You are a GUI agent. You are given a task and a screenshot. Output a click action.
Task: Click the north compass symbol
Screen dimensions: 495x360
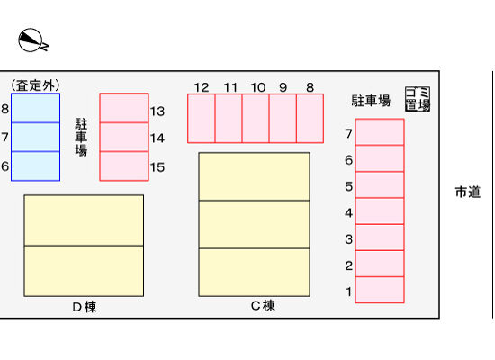31,40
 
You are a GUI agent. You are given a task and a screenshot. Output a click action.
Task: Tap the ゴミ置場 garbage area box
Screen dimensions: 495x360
418,99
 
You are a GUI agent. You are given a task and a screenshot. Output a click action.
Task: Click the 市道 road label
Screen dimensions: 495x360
468,192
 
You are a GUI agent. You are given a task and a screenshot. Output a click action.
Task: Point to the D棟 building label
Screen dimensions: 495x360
85,307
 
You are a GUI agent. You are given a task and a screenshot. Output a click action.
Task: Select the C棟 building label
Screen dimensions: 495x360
263,306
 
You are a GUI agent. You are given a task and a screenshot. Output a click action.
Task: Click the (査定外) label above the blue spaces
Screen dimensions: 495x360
35,85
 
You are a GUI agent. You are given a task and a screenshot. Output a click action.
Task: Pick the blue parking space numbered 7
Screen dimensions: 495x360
36,137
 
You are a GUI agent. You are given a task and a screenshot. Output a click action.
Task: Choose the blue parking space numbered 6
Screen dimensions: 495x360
36,166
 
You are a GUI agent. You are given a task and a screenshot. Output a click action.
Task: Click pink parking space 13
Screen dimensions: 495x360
124,108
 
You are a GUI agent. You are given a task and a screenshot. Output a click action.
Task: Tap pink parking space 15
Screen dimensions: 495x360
124,166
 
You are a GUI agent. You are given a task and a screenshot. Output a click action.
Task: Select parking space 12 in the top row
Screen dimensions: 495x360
202,119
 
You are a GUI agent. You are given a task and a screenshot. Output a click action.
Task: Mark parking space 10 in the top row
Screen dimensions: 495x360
256,119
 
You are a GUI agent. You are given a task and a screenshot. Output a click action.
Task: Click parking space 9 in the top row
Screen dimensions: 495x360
283,119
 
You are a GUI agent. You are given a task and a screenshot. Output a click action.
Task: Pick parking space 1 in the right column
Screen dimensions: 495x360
380,290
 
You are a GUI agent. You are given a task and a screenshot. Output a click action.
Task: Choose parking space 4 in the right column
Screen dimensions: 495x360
380,211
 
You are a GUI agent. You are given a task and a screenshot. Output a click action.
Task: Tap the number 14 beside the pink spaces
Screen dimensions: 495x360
157,139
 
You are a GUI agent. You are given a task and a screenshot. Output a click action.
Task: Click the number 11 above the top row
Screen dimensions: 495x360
230,87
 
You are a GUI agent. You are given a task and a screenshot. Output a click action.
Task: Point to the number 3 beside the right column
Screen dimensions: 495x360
349,239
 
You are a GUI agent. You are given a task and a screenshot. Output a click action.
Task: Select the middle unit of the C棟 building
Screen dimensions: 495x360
254,224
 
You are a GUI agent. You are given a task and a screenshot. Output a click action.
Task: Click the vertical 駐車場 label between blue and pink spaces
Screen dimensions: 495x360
81,137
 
